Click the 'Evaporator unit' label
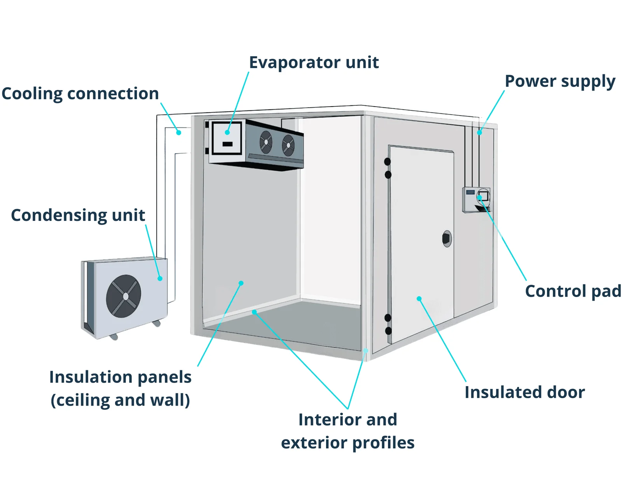[x=314, y=62]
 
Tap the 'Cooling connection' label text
[x=80, y=94]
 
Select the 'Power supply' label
[x=560, y=81]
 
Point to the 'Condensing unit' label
[x=78, y=215]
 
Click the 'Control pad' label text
[x=573, y=291]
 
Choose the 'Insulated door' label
[x=524, y=392]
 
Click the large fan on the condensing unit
[x=124, y=296]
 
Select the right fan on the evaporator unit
[x=288, y=145]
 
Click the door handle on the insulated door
[x=447, y=239]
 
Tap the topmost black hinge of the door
[x=387, y=161]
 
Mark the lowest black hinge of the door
[x=388, y=331]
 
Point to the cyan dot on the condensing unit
[x=160, y=278]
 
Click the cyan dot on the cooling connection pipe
[x=179, y=133]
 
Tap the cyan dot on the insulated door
[x=419, y=299]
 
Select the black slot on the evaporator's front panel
[x=227, y=144]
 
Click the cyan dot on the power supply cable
[x=480, y=133]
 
